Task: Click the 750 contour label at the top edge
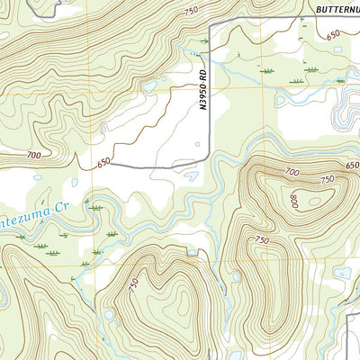pos(190,10)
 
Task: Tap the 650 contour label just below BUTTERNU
pos(334,34)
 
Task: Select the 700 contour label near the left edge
pos(34,156)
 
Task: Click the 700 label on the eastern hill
pos(292,171)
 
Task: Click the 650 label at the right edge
pos(351,166)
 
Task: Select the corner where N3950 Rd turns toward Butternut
pos(211,27)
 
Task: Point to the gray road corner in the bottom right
pos(349,315)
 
